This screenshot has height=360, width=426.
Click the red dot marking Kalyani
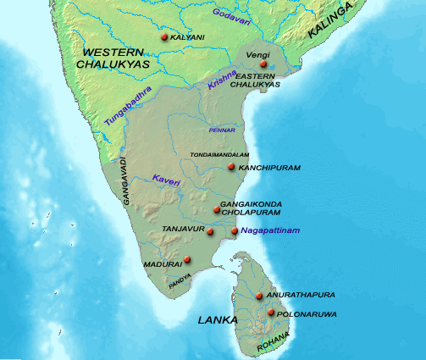(163, 37)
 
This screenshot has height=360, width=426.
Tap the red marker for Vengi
(264, 64)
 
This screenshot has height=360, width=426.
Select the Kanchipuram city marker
(230, 168)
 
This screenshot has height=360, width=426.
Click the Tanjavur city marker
(209, 230)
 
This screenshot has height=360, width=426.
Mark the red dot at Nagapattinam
(235, 230)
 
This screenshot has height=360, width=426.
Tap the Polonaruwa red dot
(271, 313)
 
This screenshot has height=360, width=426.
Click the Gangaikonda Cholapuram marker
(216, 209)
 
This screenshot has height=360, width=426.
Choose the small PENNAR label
(222, 130)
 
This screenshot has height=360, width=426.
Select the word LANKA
(217, 320)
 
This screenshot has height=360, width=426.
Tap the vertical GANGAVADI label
(124, 179)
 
